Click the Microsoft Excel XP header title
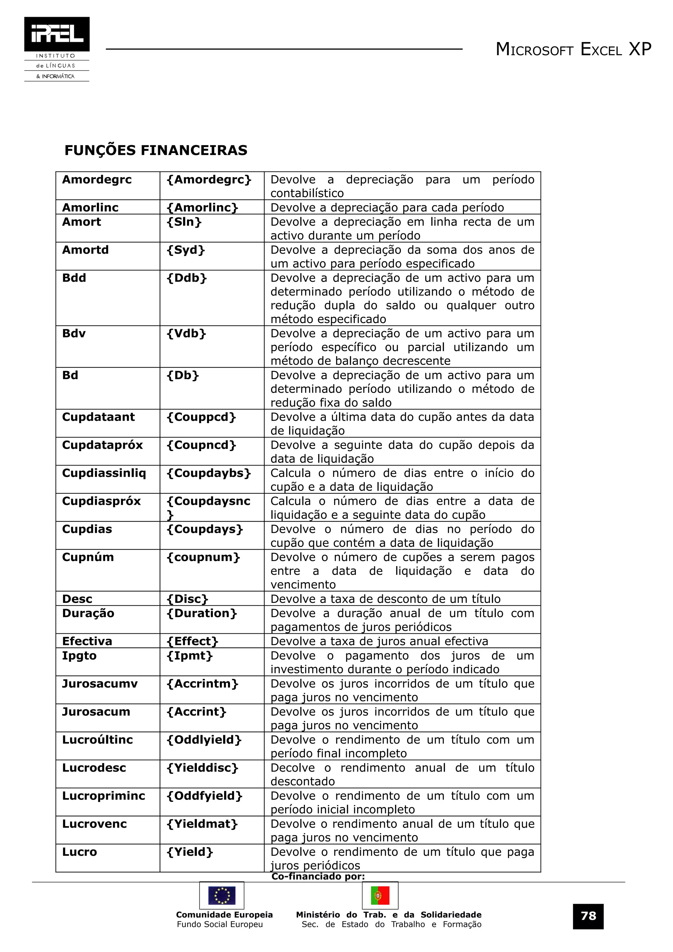(x=573, y=49)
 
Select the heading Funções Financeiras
(x=156, y=150)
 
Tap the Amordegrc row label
(x=97, y=180)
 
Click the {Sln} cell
(x=184, y=222)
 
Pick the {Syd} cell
(x=186, y=250)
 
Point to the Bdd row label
(x=74, y=278)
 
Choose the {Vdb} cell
(x=186, y=334)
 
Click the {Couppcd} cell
(x=201, y=417)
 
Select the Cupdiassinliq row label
(x=104, y=473)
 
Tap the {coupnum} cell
(x=203, y=557)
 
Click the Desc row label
(x=77, y=599)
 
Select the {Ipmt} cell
(x=190, y=656)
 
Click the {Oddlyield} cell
(x=204, y=740)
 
